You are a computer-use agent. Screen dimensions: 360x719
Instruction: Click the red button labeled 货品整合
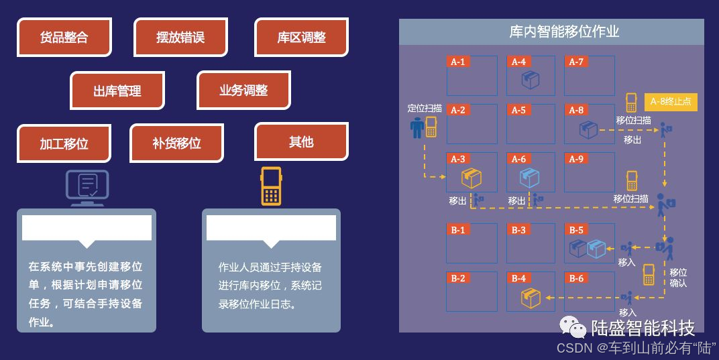point(64,38)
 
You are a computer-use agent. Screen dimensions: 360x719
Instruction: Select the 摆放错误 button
point(180,38)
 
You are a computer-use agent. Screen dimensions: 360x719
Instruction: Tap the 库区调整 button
point(301,38)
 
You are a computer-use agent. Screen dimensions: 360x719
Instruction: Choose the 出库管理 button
point(117,91)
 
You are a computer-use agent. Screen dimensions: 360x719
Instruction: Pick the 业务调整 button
point(243,91)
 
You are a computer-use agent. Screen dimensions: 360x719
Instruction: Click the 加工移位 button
point(64,143)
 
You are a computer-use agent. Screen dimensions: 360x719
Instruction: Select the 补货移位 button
point(176,143)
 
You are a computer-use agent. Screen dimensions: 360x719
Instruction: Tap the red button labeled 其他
point(301,141)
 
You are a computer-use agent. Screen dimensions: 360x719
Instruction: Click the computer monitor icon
point(87,188)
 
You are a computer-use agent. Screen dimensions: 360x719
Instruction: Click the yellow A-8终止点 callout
point(671,102)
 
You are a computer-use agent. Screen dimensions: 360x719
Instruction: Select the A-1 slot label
point(457,62)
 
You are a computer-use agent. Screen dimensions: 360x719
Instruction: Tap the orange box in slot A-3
point(472,178)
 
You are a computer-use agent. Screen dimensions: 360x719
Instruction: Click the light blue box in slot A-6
point(530,178)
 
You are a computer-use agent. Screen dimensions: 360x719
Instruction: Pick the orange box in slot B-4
point(531,298)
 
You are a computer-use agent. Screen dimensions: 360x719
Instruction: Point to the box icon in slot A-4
point(531,80)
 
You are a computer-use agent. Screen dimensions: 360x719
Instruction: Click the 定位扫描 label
point(425,108)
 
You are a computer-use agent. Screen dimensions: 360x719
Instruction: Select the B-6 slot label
point(576,278)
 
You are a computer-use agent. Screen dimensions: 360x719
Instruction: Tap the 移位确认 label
point(678,278)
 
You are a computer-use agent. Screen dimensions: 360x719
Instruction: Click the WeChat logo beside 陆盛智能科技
point(573,328)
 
